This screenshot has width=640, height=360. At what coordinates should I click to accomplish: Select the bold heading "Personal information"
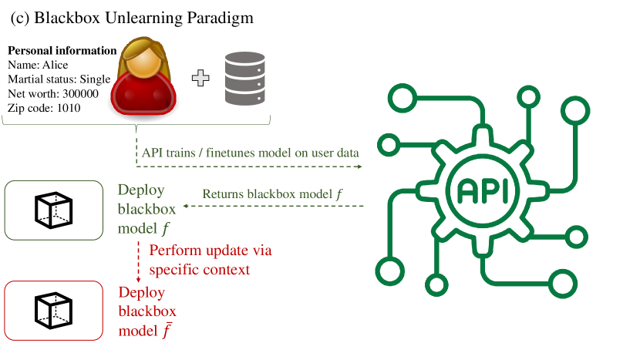coord(62,52)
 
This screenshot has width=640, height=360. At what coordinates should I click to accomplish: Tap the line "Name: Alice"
coord(39,66)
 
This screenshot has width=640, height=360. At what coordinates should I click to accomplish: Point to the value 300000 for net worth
coord(80,93)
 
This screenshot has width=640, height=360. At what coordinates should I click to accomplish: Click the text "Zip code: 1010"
coord(44,107)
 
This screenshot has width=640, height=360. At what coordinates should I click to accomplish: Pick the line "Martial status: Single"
coord(59,79)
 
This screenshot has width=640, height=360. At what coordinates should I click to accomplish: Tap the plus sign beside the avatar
coord(201,79)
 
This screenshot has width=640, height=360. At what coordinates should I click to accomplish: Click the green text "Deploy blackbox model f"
coord(147,209)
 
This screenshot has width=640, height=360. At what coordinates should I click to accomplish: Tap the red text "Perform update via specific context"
coord(210,260)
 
